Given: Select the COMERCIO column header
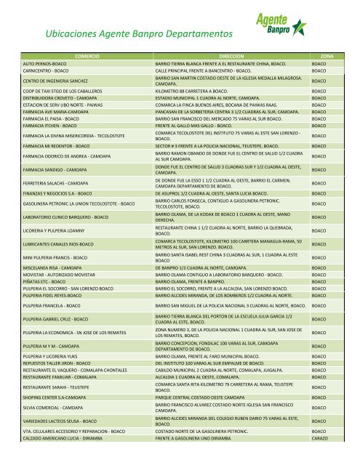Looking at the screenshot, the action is click(x=87, y=54).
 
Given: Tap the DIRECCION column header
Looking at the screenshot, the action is click(x=229, y=54).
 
